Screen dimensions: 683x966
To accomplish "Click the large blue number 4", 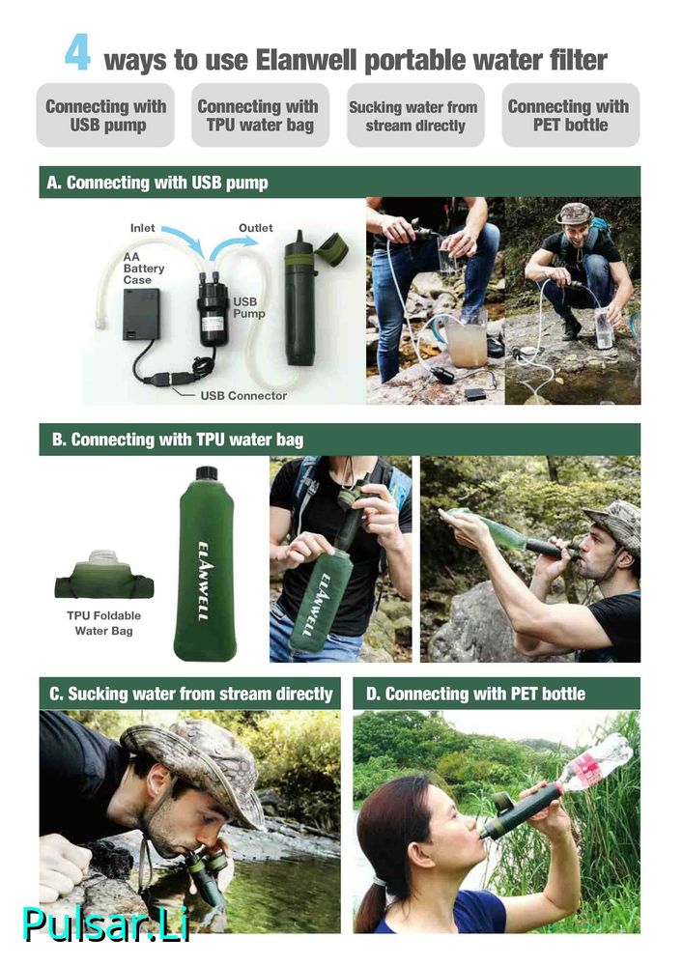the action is click(77, 54).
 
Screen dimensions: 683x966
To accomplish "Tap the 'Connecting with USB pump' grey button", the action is click(105, 115).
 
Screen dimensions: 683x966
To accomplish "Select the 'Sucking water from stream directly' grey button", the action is click(415, 115).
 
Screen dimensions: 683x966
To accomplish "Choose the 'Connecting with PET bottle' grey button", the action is click(570, 115).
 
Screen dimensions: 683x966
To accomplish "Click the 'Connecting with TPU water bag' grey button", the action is click(261, 115).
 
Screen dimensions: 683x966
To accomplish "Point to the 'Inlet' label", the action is click(142, 228).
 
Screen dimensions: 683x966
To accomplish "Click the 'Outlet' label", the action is click(256, 228).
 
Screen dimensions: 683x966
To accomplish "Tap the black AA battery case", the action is click(141, 314).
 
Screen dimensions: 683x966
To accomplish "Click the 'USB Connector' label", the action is click(243, 396).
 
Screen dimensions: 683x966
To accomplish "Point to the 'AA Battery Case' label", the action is click(144, 268).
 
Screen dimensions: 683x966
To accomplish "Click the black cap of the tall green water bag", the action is click(207, 473).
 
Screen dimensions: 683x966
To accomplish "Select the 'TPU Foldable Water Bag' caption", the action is click(104, 623).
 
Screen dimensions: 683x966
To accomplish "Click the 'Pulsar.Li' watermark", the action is click(105, 924).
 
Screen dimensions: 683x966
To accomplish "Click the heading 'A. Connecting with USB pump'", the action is click(157, 183).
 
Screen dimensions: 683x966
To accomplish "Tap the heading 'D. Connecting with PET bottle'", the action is click(475, 695).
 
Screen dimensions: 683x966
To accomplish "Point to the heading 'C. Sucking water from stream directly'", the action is click(191, 695).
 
